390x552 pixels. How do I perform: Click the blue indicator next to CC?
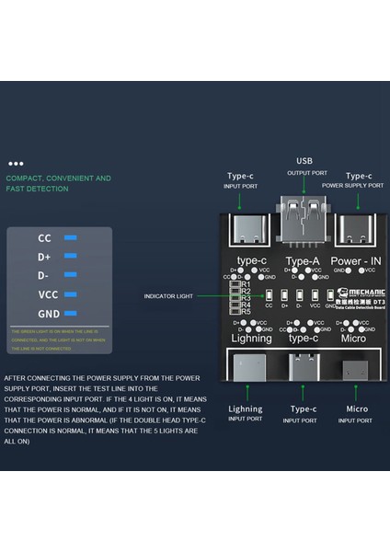click(x=70, y=238)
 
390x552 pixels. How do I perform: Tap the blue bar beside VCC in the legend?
click(x=70, y=294)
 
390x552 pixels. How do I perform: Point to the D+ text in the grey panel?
click(x=44, y=257)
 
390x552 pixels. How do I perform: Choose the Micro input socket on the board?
click(x=354, y=370)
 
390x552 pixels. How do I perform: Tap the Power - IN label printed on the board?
click(x=355, y=261)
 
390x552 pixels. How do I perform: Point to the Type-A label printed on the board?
click(x=303, y=261)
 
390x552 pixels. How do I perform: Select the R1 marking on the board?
click(x=246, y=284)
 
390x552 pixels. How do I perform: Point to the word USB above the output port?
click(x=304, y=161)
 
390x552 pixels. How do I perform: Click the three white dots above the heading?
click(x=16, y=163)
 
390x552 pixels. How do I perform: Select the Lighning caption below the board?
click(x=245, y=408)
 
